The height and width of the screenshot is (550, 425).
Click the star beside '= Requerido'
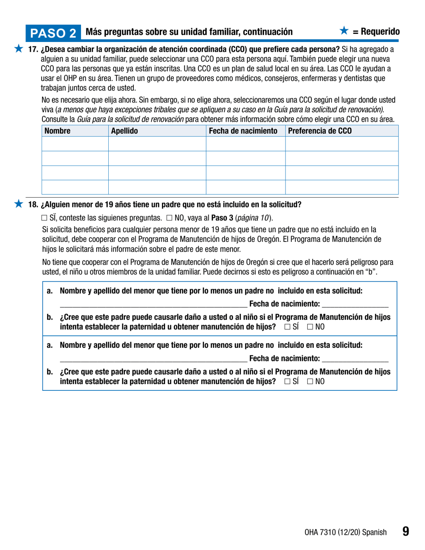point(343,31)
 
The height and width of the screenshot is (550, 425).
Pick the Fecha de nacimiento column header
point(245,131)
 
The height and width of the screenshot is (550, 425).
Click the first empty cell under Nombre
point(75,144)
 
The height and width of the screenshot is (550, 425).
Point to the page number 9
point(405,531)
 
